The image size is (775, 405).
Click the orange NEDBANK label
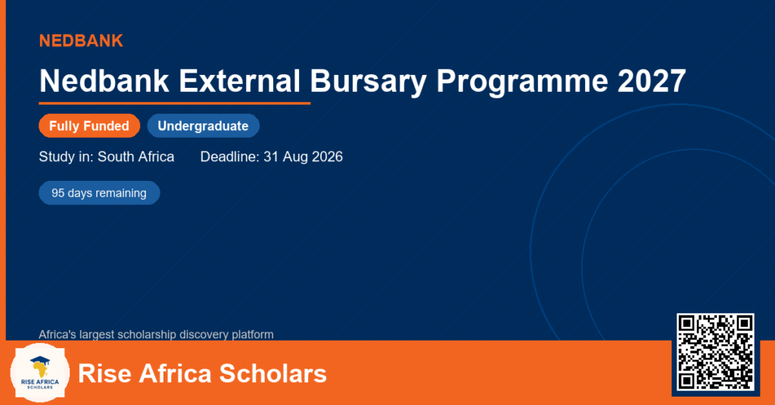[81, 41]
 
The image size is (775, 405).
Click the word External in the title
[239, 80]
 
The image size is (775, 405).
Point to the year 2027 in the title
[652, 80]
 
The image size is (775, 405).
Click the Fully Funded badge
[89, 126]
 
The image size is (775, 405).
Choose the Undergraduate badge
[203, 126]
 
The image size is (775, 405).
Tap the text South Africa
[136, 157]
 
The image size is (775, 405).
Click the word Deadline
[230, 157]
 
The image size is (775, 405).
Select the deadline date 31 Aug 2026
[303, 157]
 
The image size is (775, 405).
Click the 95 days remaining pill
[99, 193]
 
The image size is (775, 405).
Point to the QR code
[715, 352]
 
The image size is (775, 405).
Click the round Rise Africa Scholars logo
[39, 372]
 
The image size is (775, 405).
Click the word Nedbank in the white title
[104, 80]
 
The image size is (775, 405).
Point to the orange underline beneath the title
[175, 104]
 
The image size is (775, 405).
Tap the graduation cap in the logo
[39, 360]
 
